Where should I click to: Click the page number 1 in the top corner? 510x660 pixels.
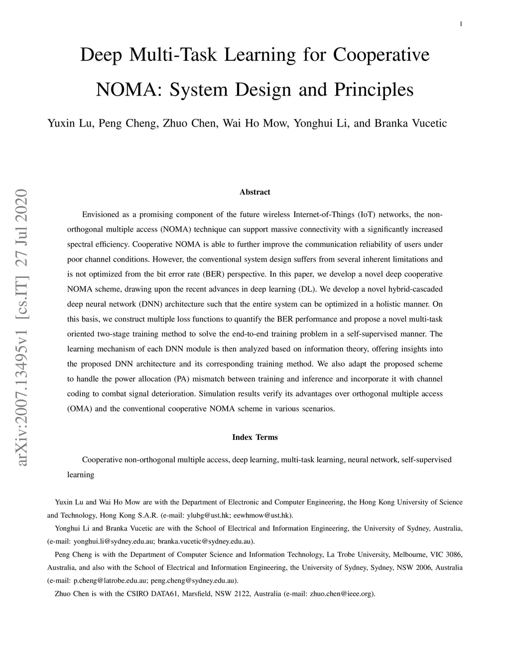[x=461, y=24]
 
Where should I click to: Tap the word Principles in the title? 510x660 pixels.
[x=374, y=90]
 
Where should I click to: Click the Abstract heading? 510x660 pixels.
[x=255, y=192]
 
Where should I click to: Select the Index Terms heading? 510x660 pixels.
[x=255, y=437]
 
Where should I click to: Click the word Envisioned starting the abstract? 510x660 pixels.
[x=101, y=215]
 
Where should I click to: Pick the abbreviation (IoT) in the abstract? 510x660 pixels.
[x=366, y=215]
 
